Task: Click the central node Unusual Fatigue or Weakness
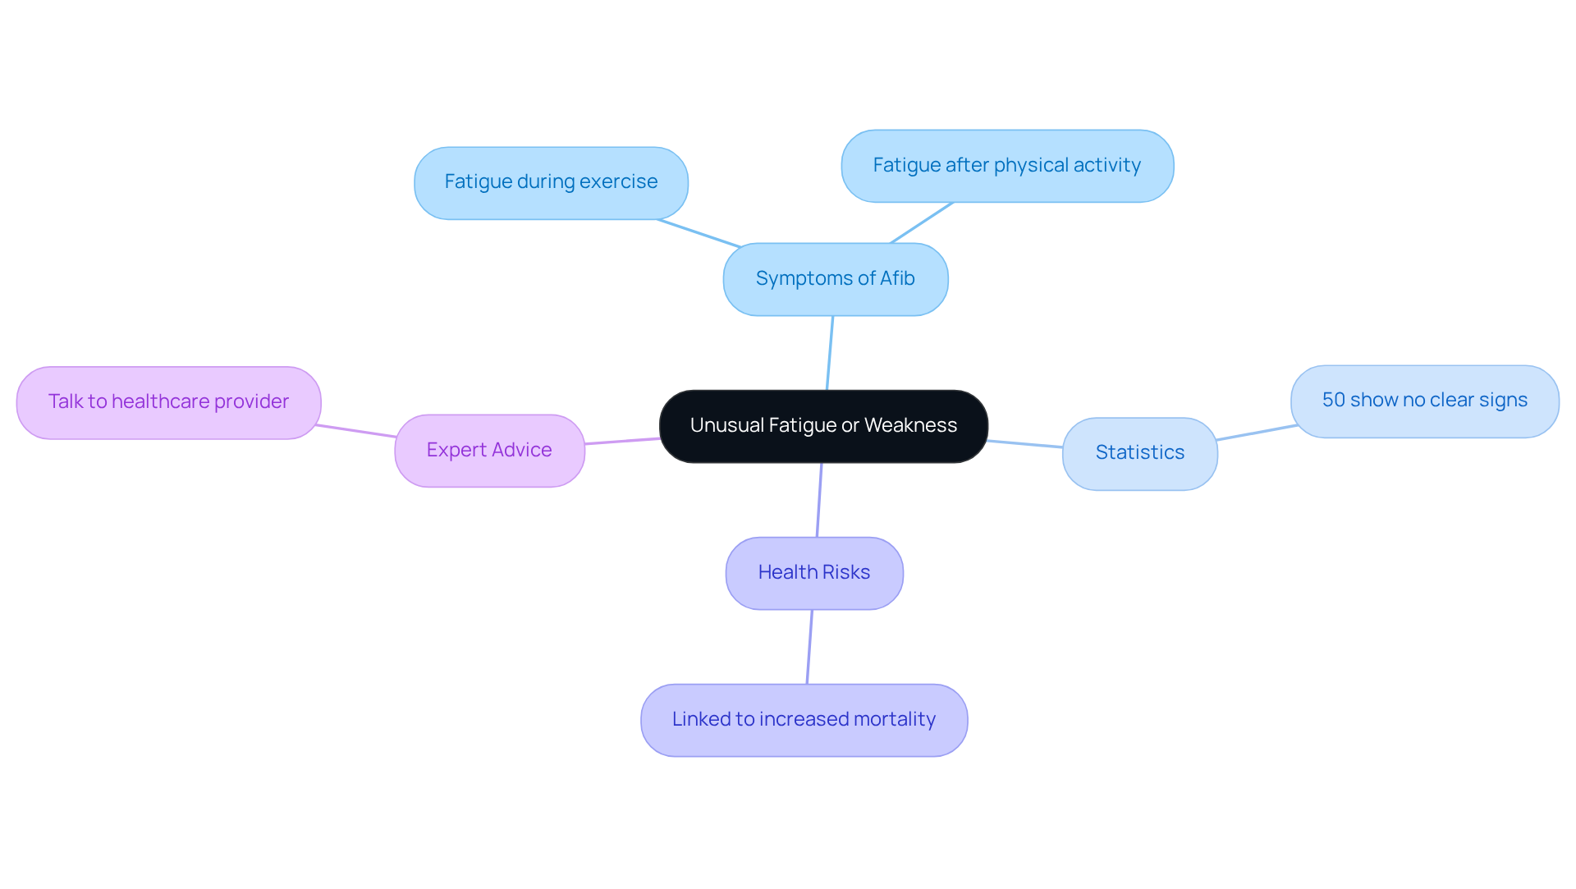[823, 426]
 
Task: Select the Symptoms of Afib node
[835, 279]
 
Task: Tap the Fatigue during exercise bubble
[551, 182]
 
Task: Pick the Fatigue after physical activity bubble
[1007, 166]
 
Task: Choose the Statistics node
[1139, 453]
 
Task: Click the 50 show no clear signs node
[1424, 401]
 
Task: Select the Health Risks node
[813, 573]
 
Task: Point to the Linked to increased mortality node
[804, 720]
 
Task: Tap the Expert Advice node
[489, 451]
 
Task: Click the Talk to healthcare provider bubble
[168, 402]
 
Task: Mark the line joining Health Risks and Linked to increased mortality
[809, 647]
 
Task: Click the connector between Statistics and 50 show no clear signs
[1256, 433]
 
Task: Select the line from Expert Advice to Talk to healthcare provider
[357, 431]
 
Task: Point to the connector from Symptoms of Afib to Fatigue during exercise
[699, 233]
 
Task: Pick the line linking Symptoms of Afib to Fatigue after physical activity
[921, 223]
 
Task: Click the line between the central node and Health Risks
[819, 500]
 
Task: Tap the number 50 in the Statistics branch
[1334, 401]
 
